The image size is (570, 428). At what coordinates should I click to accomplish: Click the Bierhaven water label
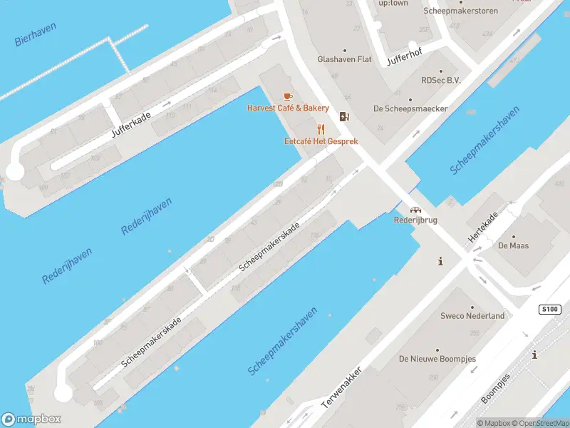(x=35, y=34)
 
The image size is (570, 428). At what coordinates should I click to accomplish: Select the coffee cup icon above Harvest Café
(x=288, y=96)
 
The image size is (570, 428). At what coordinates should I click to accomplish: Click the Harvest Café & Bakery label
(x=288, y=108)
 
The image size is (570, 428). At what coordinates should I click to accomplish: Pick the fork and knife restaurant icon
(x=321, y=129)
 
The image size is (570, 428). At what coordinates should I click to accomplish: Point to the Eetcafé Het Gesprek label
(x=321, y=141)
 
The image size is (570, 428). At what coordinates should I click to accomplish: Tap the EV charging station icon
(x=345, y=117)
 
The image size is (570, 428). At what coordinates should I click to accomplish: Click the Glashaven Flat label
(x=345, y=59)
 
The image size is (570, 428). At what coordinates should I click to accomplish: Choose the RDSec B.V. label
(x=441, y=81)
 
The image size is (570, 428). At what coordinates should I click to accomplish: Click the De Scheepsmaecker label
(x=410, y=108)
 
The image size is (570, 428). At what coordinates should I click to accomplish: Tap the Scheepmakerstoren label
(x=460, y=11)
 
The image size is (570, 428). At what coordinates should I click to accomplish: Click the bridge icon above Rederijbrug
(x=415, y=210)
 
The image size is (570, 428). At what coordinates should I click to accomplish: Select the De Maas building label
(x=513, y=245)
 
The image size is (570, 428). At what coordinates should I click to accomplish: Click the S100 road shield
(x=549, y=310)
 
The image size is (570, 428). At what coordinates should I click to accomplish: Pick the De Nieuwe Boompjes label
(x=437, y=358)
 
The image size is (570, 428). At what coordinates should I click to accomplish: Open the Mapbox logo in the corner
(x=31, y=419)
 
